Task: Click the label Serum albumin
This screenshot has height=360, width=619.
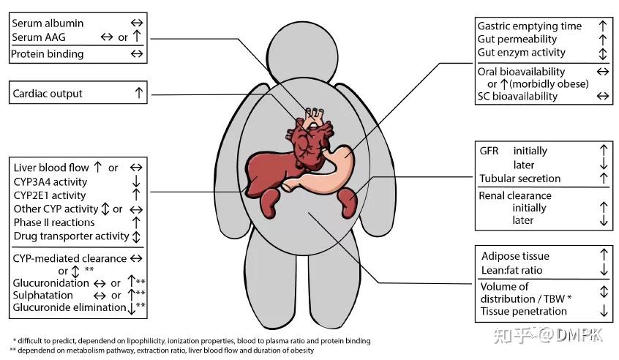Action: pos(48,23)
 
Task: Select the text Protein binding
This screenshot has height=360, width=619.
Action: pos(48,53)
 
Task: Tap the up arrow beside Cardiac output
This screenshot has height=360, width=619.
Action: pos(138,93)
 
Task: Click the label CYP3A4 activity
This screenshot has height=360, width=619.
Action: pos(50,181)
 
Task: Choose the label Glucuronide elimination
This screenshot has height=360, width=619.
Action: pos(70,307)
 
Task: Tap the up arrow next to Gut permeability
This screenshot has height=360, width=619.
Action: pos(602,39)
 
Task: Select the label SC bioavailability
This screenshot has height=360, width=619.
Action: pos(517,96)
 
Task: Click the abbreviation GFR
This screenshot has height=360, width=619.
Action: pos(489,151)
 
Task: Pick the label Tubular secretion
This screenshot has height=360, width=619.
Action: pos(519,179)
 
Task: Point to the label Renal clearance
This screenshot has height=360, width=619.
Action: pos(514,195)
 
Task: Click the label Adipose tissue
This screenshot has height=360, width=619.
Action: pos(515,256)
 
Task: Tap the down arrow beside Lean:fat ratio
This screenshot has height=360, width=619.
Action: pos(603,271)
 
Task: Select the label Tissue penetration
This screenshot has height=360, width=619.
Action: pos(524,311)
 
